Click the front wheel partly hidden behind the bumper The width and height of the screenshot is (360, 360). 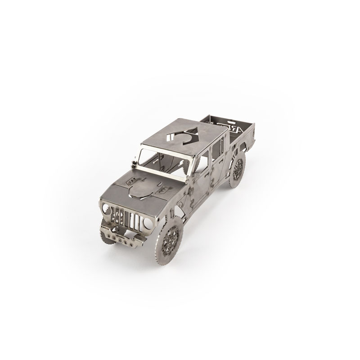pyautogui.click(x=103, y=234)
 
